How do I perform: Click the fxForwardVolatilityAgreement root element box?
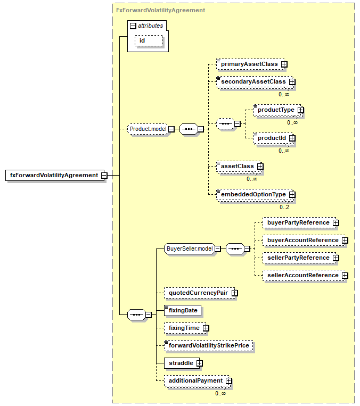[x=54, y=175]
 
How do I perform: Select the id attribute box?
[x=149, y=41]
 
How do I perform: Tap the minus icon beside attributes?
[x=133, y=26]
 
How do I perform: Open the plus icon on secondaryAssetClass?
[x=292, y=82]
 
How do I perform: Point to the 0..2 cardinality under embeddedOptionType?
[x=284, y=207]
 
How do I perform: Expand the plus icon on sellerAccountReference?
[x=345, y=276]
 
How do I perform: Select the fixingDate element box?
[x=183, y=310]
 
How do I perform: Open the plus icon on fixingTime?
[x=206, y=328]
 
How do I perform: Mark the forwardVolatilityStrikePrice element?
[x=209, y=346]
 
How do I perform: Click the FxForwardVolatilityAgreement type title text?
[x=160, y=10]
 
